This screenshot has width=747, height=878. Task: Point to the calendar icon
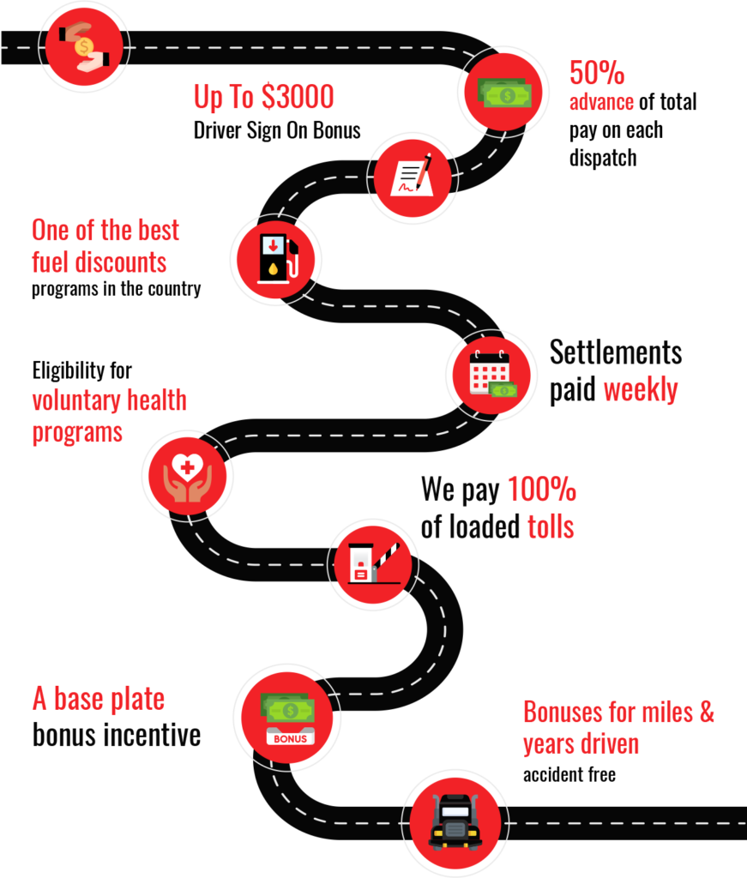(x=491, y=373)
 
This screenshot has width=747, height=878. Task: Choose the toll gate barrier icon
(x=374, y=562)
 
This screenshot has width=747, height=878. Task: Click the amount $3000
(x=297, y=97)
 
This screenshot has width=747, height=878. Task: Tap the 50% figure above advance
(x=597, y=74)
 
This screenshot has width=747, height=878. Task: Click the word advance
(x=601, y=102)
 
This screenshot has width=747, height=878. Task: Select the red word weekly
(x=640, y=390)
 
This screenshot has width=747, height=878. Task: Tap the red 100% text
(x=541, y=490)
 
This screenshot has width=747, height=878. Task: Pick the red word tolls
(x=550, y=526)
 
